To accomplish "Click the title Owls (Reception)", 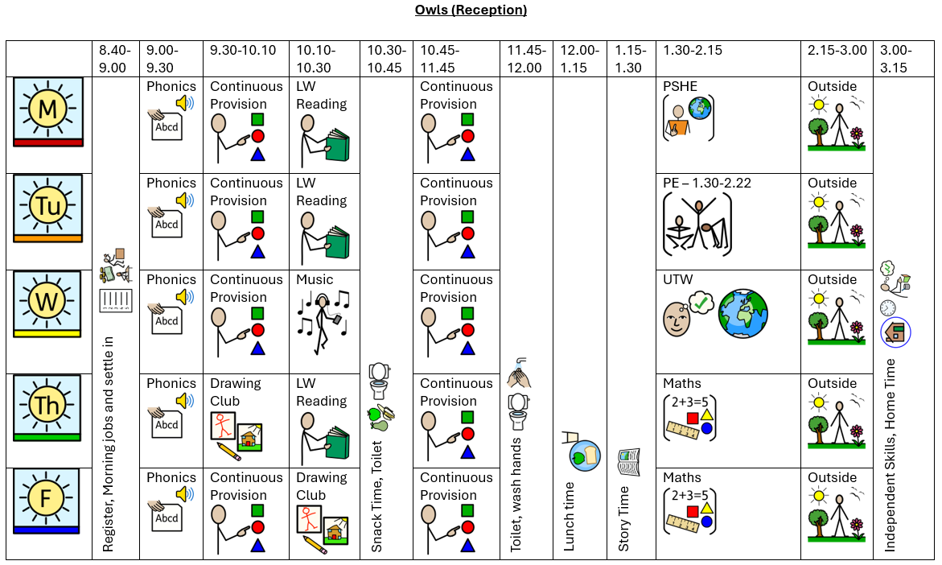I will pyautogui.click(x=471, y=10).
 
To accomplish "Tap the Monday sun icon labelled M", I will pyautogui.click(x=48, y=111).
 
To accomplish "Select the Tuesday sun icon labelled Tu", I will pyautogui.click(x=48, y=207).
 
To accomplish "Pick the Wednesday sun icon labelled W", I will pyautogui.click(x=48, y=303).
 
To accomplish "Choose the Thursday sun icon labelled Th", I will pyautogui.click(x=48, y=406).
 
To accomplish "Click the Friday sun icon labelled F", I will pyautogui.click(x=48, y=501).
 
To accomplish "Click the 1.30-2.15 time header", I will pyautogui.click(x=692, y=50).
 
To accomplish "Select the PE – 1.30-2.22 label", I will pyautogui.click(x=707, y=183).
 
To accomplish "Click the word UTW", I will pyautogui.click(x=677, y=279).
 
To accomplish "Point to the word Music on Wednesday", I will pyautogui.click(x=314, y=279).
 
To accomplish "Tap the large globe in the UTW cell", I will pyautogui.click(x=743, y=314).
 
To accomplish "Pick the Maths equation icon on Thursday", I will pyautogui.click(x=690, y=418).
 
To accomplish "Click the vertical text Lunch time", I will pyautogui.click(x=570, y=516).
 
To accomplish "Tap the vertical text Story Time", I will pyautogui.click(x=624, y=519).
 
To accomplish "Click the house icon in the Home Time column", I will pyautogui.click(x=895, y=332).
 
